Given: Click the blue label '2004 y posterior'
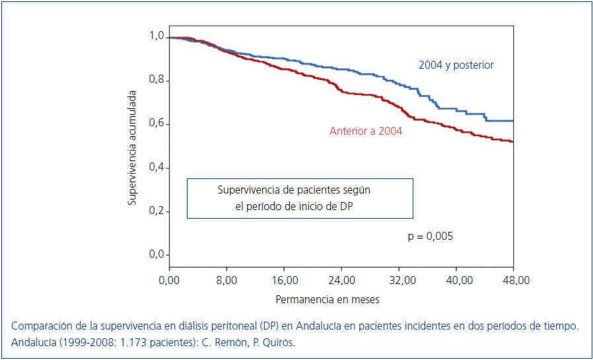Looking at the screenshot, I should click(456, 65).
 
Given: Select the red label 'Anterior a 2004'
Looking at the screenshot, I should click(366, 131).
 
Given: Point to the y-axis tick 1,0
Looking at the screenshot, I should click(156, 37).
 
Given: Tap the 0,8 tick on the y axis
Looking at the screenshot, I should click(156, 81).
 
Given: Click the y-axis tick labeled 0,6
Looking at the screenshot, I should click(156, 124).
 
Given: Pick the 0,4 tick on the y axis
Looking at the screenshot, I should click(156, 168).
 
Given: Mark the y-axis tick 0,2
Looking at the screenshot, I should click(156, 211).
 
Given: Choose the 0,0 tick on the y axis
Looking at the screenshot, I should click(156, 255).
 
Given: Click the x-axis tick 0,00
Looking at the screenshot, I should click(170, 280).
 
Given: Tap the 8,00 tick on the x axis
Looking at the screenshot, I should click(227, 280).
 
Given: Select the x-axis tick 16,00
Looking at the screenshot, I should click(284, 280).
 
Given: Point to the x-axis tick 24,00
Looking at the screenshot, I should click(341, 280).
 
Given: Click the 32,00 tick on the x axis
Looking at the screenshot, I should click(399, 280).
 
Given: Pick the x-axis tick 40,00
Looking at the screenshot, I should click(456, 280).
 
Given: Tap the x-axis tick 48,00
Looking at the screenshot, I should click(514, 280).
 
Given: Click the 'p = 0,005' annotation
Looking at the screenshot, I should click(430, 235).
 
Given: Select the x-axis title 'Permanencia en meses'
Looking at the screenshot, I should click(328, 299).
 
